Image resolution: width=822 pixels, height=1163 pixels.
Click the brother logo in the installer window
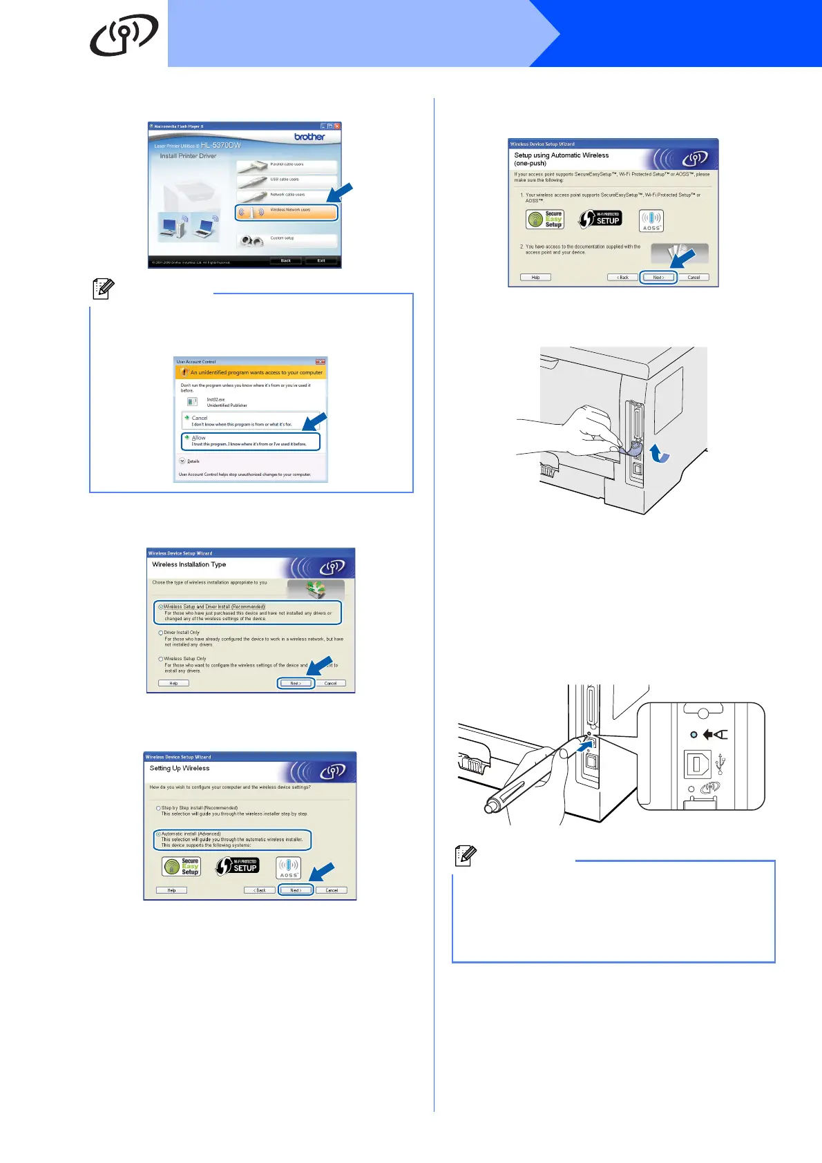point(309,137)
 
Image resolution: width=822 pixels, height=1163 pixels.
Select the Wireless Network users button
point(287,212)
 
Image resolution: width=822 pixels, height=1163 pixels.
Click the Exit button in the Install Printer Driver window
point(321,260)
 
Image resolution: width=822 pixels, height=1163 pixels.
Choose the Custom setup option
point(287,240)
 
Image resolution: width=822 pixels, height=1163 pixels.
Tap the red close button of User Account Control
point(321,361)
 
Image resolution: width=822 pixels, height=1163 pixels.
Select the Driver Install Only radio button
point(161,633)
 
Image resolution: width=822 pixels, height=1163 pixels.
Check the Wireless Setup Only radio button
point(161,659)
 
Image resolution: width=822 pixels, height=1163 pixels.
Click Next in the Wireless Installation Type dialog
point(296,683)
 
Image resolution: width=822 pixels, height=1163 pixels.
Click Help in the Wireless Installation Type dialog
point(173,683)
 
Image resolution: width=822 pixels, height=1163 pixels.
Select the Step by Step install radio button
point(158,808)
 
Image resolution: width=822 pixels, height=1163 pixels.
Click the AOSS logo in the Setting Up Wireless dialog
point(288,867)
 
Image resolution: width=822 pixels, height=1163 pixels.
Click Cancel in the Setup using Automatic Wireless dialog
point(694,277)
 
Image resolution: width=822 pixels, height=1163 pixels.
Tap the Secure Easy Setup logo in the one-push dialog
point(545,219)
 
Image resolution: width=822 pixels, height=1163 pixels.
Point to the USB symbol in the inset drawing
point(721,764)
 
